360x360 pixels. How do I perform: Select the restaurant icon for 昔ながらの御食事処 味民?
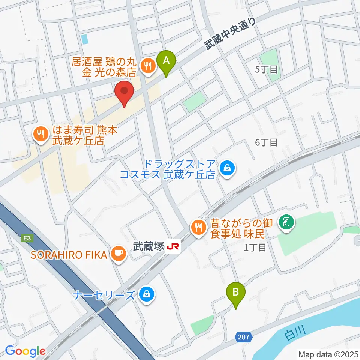[198, 226]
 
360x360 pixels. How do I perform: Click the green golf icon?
[287, 223]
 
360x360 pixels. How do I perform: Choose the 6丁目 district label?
[266, 142]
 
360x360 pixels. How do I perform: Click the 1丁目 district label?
[255, 247]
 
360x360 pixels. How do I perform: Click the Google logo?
[25, 351]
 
